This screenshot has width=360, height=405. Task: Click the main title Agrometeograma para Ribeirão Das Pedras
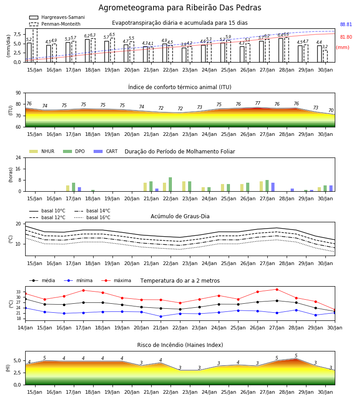coord(180,8)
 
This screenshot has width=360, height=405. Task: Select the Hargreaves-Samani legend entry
coord(57,17)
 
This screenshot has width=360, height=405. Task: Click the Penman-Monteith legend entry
coord(55,24)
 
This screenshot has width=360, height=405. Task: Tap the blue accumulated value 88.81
coord(346,25)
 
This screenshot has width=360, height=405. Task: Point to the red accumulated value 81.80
coord(346,37)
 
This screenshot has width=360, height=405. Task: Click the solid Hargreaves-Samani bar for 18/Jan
coord(87,50)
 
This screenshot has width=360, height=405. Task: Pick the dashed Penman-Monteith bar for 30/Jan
coord(325,56)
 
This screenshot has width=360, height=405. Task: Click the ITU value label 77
coord(258,103)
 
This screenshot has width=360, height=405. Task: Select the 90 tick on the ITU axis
coord(18,93)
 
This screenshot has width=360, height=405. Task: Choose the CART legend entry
coord(106,151)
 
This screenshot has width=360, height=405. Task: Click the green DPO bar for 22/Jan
coord(171,184)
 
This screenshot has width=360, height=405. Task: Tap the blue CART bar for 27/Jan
coord(273,187)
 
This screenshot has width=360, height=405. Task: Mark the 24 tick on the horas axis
coord(18,158)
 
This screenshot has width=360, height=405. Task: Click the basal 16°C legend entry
coord(92,217)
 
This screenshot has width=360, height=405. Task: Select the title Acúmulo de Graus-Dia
coord(180,216)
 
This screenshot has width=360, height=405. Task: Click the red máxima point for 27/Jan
coord(277,289)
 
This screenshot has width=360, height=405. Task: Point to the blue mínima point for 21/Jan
coord(161,316)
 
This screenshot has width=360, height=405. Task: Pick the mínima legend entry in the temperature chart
coord(78,280)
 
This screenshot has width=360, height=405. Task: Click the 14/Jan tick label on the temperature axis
coord(25,328)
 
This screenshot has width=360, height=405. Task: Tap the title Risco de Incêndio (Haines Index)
coord(180,345)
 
